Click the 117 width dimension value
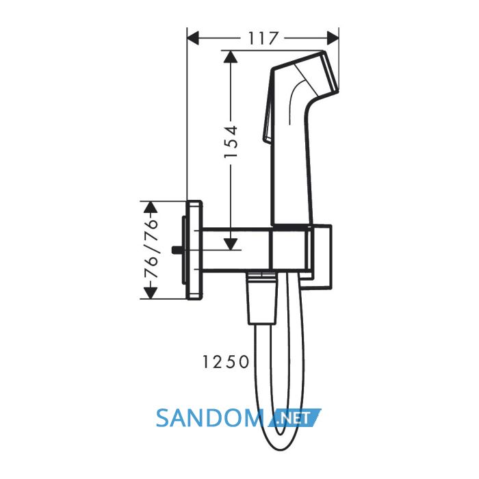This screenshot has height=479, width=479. (x=263, y=38)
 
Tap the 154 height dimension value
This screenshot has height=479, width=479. (x=231, y=141)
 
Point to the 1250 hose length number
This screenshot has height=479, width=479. (x=225, y=362)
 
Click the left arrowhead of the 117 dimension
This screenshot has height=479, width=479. (x=193, y=38)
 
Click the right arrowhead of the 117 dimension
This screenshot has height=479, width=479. (x=333, y=38)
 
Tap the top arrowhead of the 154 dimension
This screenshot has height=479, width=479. (x=231, y=57)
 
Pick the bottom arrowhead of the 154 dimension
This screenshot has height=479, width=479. (x=231, y=244)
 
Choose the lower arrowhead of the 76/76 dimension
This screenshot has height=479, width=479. (x=150, y=294)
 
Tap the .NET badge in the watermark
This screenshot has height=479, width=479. (x=294, y=417)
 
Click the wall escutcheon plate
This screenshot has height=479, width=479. (x=194, y=250)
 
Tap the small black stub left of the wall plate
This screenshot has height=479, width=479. (x=177, y=250)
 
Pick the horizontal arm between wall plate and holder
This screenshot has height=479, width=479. (x=235, y=250)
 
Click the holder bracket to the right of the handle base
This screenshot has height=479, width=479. (x=321, y=257)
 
